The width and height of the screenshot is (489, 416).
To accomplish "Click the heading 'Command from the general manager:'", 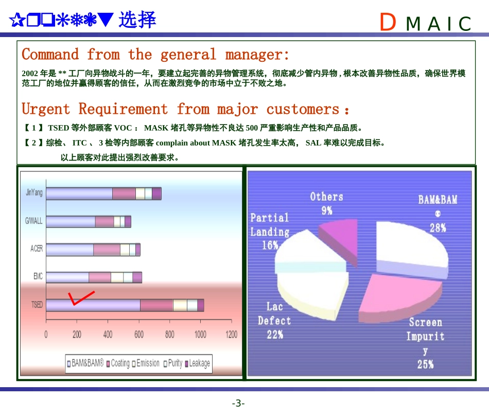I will [x=155, y=54].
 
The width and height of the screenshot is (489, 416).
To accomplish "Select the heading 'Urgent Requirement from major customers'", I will [x=185, y=109].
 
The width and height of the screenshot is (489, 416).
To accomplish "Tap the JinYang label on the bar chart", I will [x=34, y=193].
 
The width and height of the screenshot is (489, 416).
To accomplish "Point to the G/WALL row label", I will [x=34, y=221].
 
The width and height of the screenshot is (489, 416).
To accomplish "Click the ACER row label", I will [x=37, y=249].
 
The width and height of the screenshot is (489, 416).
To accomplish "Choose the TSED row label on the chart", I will [x=37, y=305].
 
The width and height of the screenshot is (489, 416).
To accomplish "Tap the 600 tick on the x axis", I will [x=139, y=335].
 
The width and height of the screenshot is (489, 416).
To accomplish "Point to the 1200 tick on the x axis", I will [x=232, y=335].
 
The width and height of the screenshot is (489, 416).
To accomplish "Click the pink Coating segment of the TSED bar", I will [x=156, y=305].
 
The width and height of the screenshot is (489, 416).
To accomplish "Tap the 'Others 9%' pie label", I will [x=326, y=203].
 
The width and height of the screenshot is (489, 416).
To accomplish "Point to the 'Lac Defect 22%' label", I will [x=274, y=320].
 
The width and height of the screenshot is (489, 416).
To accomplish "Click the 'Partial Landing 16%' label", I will [x=270, y=231].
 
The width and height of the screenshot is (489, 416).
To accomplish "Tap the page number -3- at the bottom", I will [x=238, y=403].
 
